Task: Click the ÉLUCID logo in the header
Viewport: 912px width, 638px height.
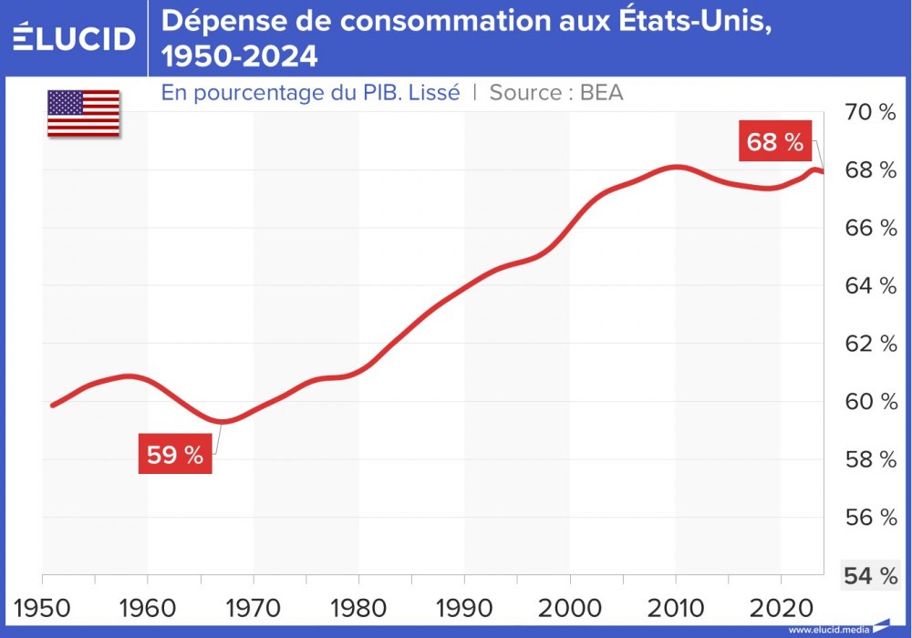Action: click(75, 38)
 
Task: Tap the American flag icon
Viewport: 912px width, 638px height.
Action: click(83, 113)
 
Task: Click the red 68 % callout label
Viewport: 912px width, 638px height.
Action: click(774, 142)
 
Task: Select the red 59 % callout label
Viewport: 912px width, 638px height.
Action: click(175, 455)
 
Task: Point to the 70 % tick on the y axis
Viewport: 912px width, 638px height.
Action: click(870, 113)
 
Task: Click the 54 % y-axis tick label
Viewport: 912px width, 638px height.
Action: click(870, 576)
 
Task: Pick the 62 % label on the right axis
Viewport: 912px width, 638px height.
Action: click(870, 345)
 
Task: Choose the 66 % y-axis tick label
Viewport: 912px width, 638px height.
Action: click(870, 229)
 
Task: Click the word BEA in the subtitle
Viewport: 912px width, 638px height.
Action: click(602, 92)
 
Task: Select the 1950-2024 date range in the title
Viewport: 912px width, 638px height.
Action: click(240, 57)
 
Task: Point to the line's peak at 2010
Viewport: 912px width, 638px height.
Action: click(675, 167)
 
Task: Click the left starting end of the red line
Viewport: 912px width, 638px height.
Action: click(52, 405)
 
